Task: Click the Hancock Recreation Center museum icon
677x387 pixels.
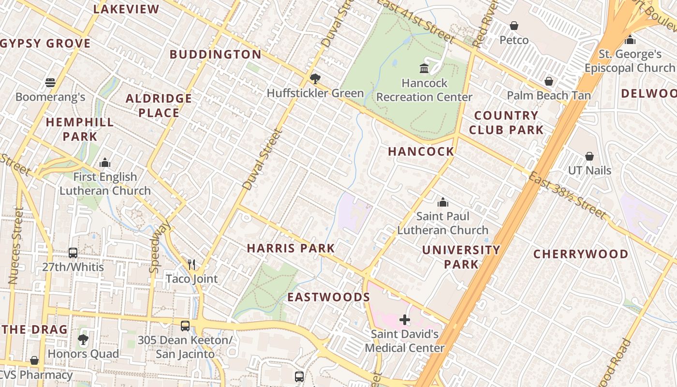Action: [x=424, y=69]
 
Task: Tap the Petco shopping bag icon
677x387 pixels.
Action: [x=514, y=26]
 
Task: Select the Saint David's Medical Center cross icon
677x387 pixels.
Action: [x=405, y=319]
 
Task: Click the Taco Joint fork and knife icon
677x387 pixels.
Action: [x=191, y=264]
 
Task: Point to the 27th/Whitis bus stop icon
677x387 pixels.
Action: [x=73, y=253]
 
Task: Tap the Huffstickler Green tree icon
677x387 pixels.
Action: [x=315, y=78]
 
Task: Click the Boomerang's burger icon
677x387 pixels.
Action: [x=50, y=82]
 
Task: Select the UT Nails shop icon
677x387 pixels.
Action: [x=589, y=156]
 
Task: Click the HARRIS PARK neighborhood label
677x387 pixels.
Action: [x=291, y=249]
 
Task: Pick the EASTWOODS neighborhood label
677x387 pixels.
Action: [x=329, y=297]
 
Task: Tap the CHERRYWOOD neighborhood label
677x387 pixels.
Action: [x=581, y=254]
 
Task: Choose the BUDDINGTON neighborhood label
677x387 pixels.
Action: [x=216, y=54]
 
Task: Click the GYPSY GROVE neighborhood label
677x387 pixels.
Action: [x=45, y=44]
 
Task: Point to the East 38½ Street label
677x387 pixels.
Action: [x=567, y=196]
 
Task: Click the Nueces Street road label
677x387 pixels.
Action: [x=16, y=245]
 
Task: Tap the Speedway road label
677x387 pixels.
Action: [x=160, y=247]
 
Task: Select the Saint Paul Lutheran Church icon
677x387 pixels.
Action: [x=442, y=202]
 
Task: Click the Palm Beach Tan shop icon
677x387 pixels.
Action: [x=548, y=81]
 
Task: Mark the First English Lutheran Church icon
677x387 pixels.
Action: [x=105, y=163]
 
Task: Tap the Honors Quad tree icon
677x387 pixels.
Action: [x=83, y=340]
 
